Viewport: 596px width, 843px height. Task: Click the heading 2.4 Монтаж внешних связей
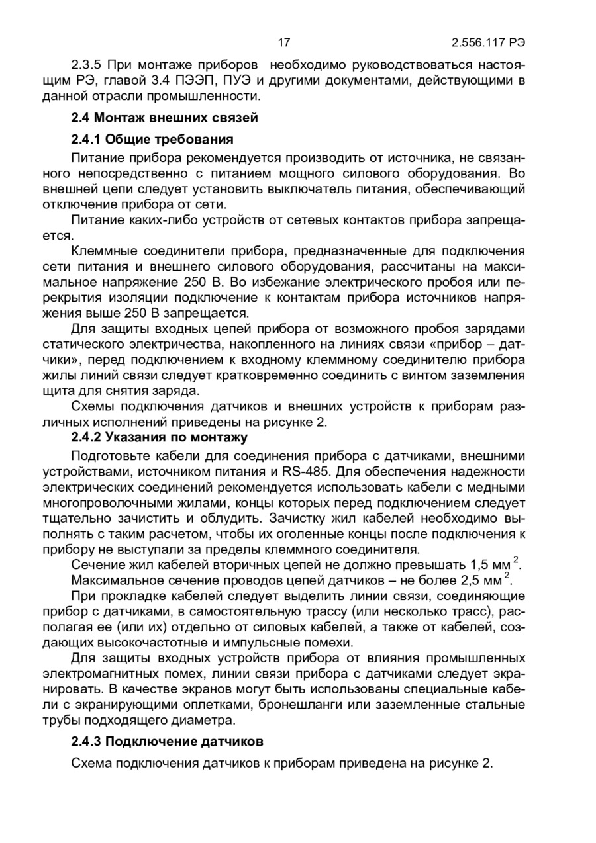tap(164, 118)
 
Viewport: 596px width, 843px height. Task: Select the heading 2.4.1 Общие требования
tap(152, 140)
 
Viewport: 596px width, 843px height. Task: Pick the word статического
tap(85, 344)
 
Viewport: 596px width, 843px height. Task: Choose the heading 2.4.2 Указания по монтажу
tap(159, 437)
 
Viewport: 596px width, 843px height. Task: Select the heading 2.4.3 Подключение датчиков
tap(167, 740)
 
